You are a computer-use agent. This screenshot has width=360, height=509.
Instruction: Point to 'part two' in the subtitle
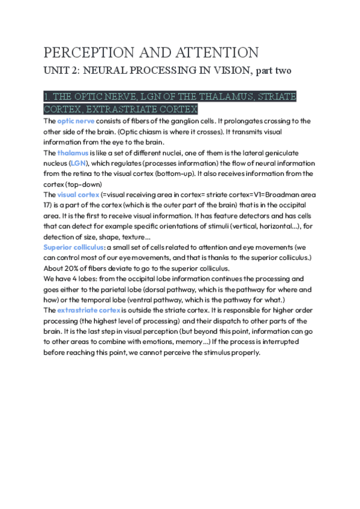pos(274,71)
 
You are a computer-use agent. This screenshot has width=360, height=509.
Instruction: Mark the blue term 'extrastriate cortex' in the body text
pos(89,310)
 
